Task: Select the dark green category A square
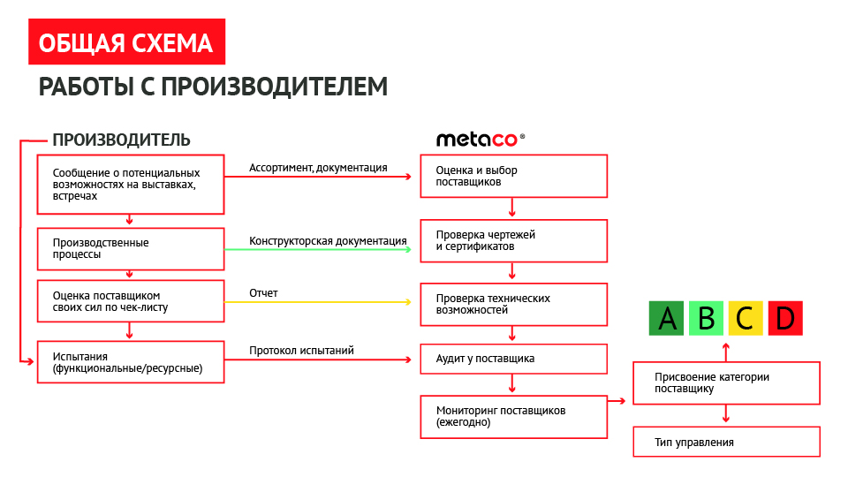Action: (x=666, y=318)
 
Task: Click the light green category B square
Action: (x=706, y=318)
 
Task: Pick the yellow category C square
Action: (x=746, y=318)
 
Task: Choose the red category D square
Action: (x=785, y=318)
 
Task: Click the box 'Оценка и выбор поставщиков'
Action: (x=513, y=176)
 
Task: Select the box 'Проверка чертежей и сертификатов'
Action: (x=513, y=240)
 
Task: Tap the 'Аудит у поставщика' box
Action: (x=513, y=359)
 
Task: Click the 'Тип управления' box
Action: (x=726, y=442)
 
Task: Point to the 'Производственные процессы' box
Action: (x=131, y=248)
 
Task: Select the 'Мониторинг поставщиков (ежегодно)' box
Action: (x=513, y=416)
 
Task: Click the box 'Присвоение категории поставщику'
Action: (x=726, y=382)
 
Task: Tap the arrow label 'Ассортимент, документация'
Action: (x=318, y=167)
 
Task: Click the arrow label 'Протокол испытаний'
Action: (x=301, y=351)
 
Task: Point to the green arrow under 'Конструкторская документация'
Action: (x=318, y=250)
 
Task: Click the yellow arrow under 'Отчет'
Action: (x=318, y=302)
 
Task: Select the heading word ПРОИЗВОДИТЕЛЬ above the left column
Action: (x=121, y=140)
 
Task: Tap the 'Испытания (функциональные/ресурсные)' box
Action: (x=131, y=361)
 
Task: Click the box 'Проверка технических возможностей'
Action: (x=513, y=304)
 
